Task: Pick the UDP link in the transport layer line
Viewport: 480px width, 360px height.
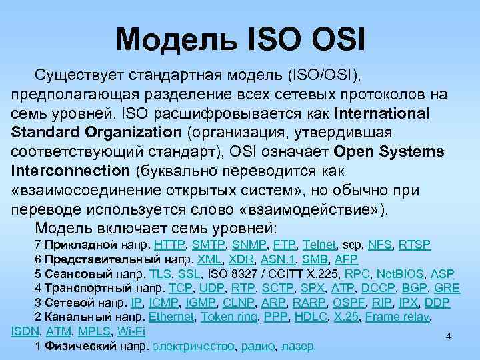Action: point(211,288)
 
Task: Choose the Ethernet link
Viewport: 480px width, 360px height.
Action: point(171,317)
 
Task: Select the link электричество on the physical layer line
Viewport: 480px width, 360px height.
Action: point(193,347)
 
